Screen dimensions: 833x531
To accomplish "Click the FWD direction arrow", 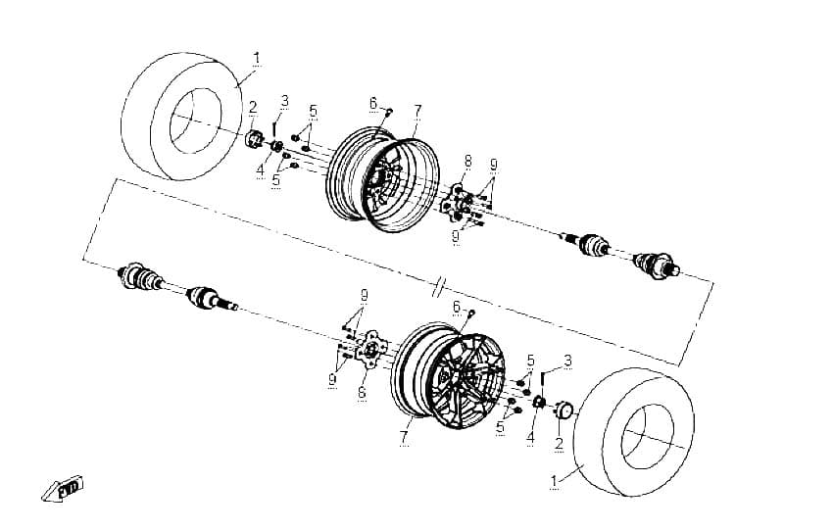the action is [63, 489].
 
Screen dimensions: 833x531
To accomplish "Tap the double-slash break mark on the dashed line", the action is [439, 287].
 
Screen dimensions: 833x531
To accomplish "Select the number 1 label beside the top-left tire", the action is [257, 58].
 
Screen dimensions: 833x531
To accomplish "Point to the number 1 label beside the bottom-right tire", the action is [554, 481].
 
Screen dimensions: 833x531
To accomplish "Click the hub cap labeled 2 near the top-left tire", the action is [255, 139].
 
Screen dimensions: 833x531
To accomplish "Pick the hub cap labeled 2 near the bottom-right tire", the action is [563, 411].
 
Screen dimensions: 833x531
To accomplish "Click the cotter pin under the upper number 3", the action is [274, 128].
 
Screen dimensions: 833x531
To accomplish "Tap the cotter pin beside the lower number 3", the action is [543, 381].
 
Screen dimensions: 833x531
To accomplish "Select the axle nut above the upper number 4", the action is [276, 146].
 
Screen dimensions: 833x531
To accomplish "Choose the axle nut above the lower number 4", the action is [538, 402].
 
